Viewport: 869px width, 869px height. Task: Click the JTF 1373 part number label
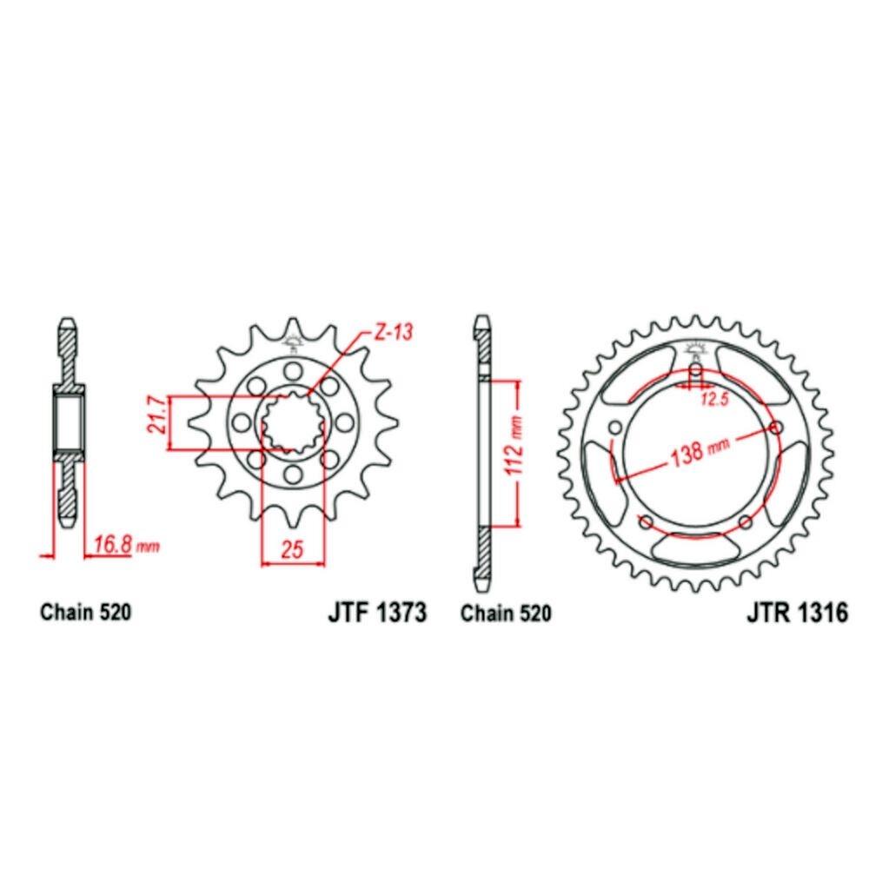click(x=377, y=614)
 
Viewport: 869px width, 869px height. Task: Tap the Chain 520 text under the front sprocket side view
click(x=86, y=614)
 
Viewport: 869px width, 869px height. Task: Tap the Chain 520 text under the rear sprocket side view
click(x=506, y=614)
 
